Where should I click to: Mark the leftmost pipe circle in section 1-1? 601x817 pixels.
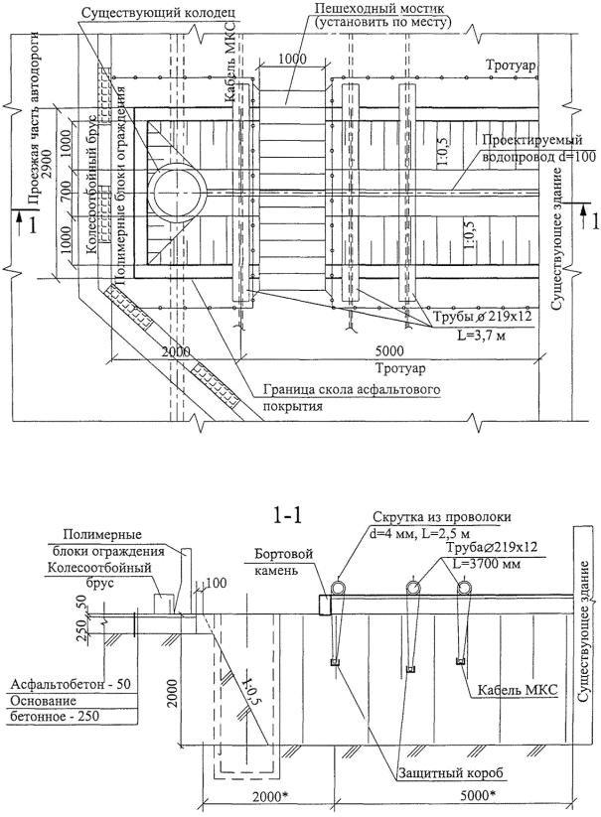339,589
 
